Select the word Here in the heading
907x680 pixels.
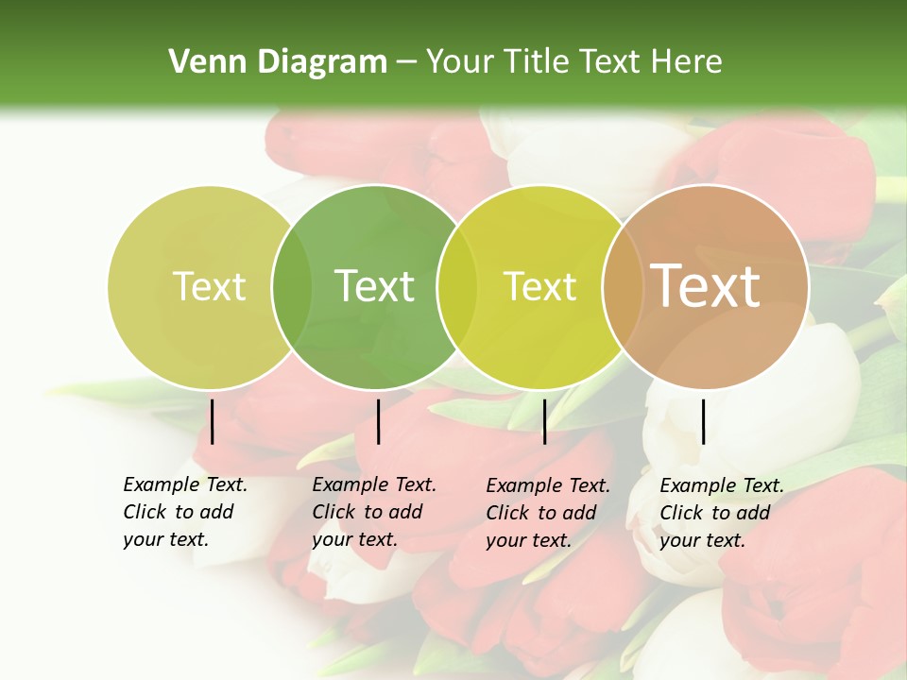click(x=688, y=62)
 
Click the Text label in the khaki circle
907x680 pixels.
click(x=209, y=287)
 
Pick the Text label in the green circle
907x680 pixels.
click(x=375, y=287)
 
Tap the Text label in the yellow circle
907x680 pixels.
click(x=540, y=287)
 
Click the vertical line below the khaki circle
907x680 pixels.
click(x=212, y=421)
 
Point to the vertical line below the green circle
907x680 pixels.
click(x=378, y=421)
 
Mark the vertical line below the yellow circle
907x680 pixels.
click(x=544, y=421)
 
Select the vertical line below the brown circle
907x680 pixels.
click(x=703, y=421)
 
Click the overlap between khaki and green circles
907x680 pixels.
click(x=292, y=287)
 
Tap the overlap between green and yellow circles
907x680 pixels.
click(x=457, y=287)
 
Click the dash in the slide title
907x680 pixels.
click(x=406, y=62)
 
